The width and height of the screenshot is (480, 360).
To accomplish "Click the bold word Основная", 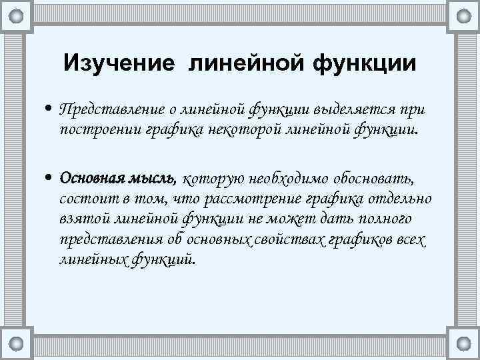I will coord(89,178).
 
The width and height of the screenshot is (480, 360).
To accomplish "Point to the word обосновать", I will coord(375,178).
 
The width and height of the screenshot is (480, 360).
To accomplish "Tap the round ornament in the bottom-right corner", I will coord(462,345).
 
